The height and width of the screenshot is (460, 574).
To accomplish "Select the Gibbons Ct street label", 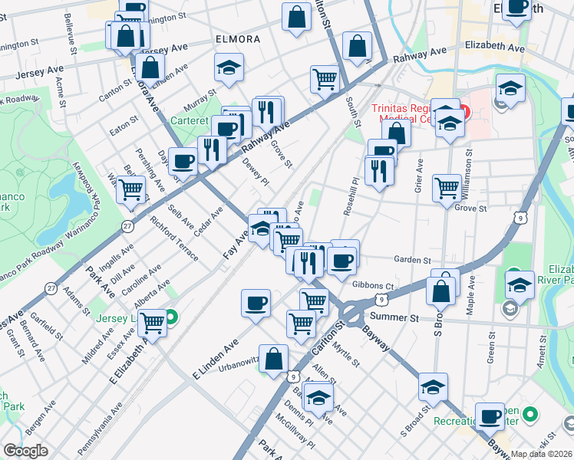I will tap(373, 285).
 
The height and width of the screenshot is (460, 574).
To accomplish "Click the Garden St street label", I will tap(412, 260).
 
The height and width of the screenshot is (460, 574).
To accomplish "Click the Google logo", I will tap(25, 451).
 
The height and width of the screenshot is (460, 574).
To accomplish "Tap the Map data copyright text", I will tap(542, 454).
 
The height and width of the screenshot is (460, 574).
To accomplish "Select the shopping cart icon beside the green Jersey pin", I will tap(153, 323).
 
